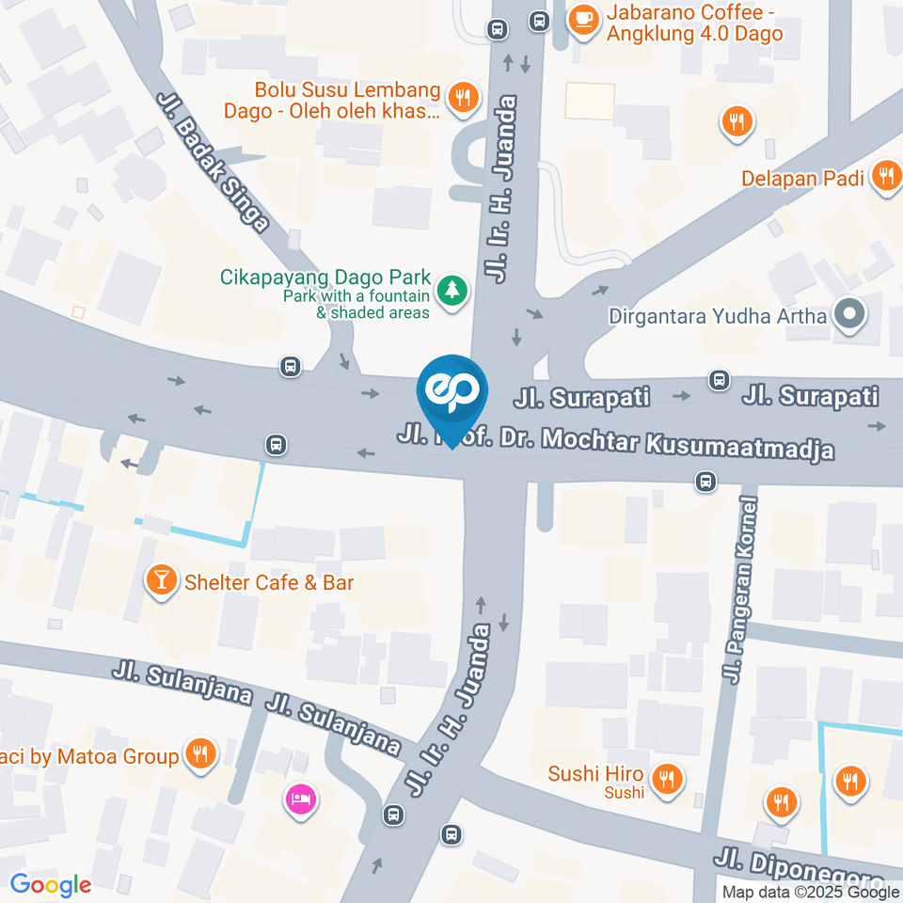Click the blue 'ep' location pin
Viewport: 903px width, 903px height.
pos(453,391)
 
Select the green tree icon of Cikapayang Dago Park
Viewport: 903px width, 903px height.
pos(453,289)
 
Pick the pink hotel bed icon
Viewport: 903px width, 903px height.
pos(301,800)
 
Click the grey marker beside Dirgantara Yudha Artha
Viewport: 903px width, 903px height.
pos(849,316)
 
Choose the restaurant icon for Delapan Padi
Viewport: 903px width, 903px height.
pos(884,176)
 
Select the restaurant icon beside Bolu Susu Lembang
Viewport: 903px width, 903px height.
pos(462,99)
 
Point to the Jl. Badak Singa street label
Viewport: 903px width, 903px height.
pos(214,161)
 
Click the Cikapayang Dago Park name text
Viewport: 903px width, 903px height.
pos(325,278)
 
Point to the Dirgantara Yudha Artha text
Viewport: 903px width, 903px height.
pos(718,316)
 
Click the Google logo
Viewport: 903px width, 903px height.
pos(51,884)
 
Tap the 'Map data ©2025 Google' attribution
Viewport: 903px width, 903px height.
pos(809,892)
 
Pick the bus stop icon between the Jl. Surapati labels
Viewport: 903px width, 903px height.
pos(720,380)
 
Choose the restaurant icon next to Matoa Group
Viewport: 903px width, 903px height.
pos(198,753)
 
